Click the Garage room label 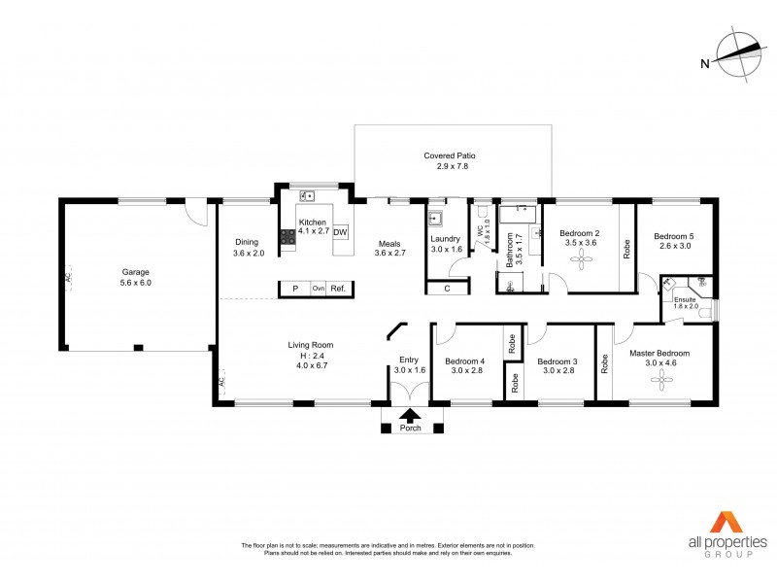[136, 272]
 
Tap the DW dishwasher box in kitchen [340, 233]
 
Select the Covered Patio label [449, 155]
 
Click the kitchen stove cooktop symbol [287, 236]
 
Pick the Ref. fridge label [338, 289]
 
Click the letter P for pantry [295, 289]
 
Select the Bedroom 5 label [673, 236]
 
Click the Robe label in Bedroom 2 [626, 247]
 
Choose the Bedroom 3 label [557, 360]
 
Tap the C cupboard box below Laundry [447, 289]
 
